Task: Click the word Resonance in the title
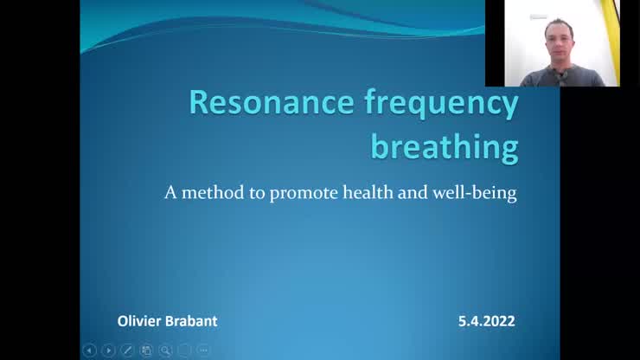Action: point(272,103)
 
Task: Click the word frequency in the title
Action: point(442,105)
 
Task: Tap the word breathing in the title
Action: point(445,147)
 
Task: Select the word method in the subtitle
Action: point(213,192)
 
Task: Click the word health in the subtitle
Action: point(368,191)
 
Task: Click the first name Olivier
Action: point(138,321)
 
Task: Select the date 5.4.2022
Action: point(487,321)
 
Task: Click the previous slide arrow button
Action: point(89,350)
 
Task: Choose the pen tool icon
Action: point(127,350)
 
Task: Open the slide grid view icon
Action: point(146,350)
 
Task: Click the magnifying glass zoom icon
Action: point(165,350)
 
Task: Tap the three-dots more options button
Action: point(203,350)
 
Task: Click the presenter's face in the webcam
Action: point(559,42)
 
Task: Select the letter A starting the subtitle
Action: point(170,192)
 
